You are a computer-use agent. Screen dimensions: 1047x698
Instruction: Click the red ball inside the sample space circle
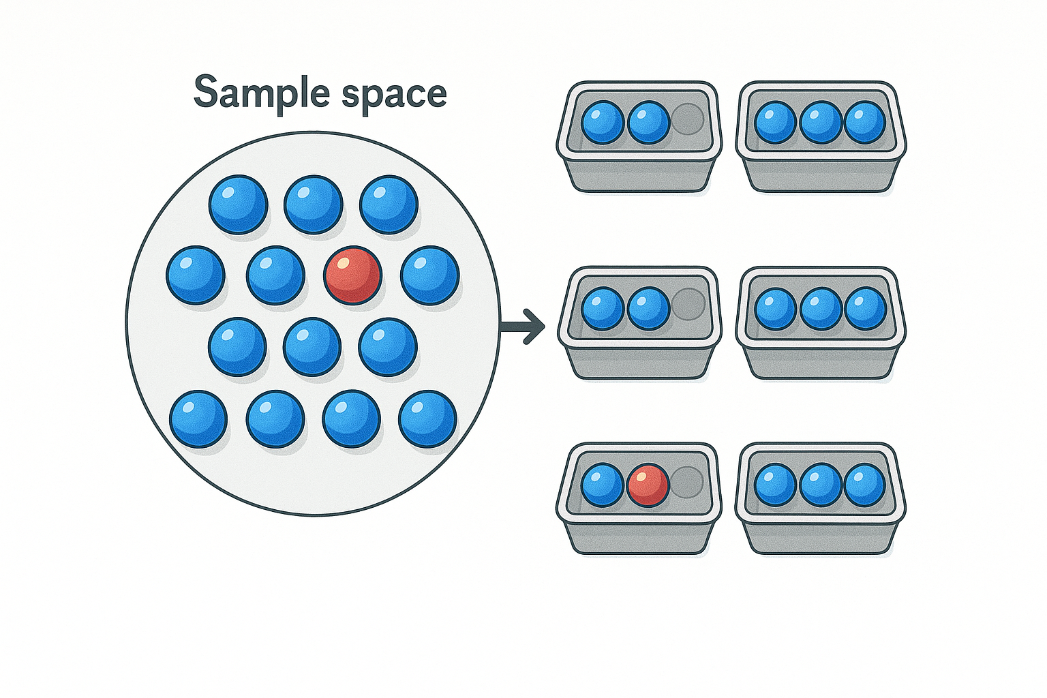coord(353,275)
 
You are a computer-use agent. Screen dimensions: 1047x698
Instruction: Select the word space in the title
coord(395,97)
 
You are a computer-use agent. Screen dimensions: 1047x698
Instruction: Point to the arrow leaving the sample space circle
coord(523,326)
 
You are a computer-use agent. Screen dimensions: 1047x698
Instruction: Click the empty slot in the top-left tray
coord(687,120)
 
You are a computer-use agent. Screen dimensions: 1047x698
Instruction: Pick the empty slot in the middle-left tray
coord(688,304)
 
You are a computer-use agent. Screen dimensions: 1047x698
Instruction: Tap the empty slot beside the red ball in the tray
coord(686,483)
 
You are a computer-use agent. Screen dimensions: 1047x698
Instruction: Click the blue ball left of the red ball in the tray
coord(603,485)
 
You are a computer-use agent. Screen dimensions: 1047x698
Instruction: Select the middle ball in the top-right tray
coord(821,122)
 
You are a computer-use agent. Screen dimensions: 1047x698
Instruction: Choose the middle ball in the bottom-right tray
coord(821,485)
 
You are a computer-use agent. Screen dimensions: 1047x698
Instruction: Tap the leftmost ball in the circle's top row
coord(239,204)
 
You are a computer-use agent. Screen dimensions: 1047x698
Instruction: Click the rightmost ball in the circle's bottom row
coord(427,419)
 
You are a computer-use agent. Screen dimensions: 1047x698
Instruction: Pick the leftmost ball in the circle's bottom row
coord(198,419)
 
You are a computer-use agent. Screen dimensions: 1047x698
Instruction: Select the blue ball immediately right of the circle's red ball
coord(430,275)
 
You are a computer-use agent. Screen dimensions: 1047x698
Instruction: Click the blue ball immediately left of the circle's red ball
coord(276,275)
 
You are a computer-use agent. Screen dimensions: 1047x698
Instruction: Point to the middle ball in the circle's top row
coord(314,204)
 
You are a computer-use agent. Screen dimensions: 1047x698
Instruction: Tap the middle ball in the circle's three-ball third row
coord(312,347)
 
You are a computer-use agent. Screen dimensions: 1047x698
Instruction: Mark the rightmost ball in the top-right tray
coord(865,122)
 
